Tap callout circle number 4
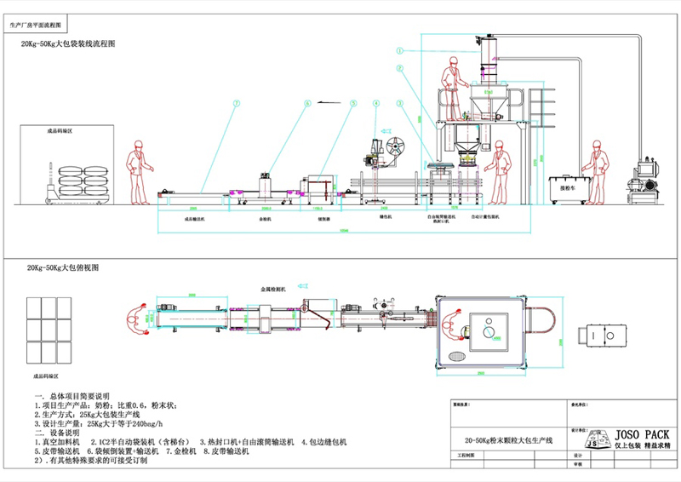tap(375, 103)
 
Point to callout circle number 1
tap(398, 49)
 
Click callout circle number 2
tap(398, 77)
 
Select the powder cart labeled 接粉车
tap(567, 189)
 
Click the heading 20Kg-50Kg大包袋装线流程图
tap(69, 42)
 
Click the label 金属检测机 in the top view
tap(274, 290)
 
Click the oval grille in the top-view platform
tap(458, 354)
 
